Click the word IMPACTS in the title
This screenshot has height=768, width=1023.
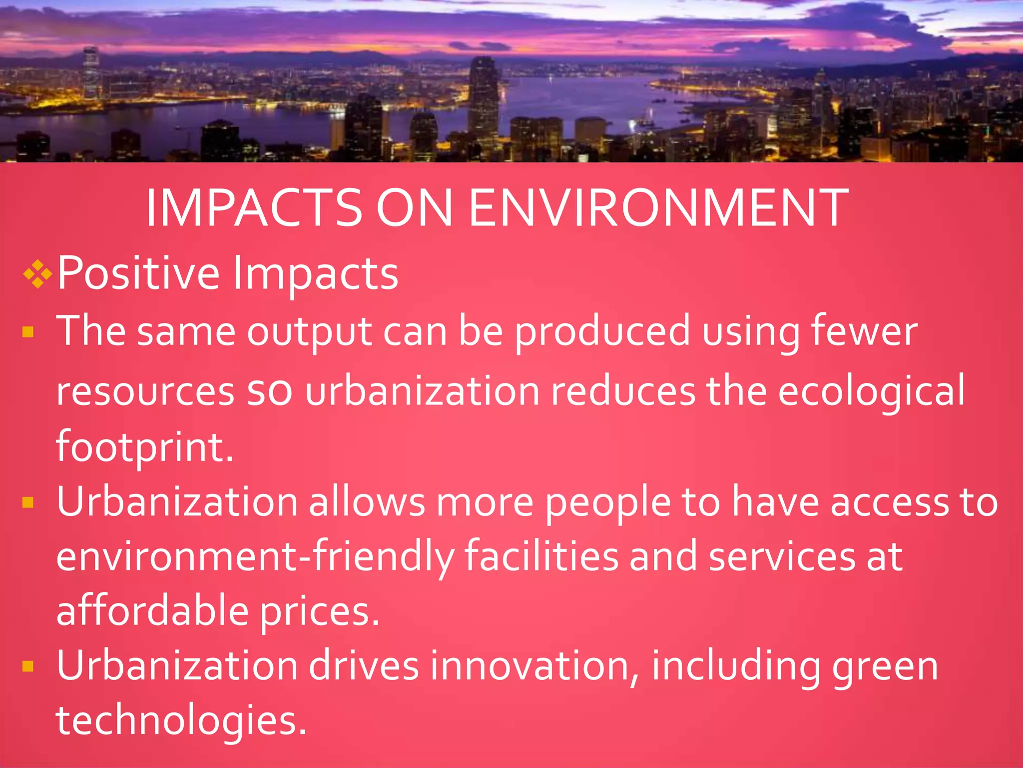pos(254,208)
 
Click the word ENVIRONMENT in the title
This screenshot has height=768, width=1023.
pos(658,208)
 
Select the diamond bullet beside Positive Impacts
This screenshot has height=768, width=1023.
pos(37,273)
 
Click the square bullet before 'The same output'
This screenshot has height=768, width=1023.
pos(28,332)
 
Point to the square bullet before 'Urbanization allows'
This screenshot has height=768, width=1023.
pos(28,502)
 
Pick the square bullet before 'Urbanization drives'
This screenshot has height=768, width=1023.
pos(28,666)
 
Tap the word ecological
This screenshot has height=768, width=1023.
pos(871,391)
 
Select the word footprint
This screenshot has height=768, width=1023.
pos(144,446)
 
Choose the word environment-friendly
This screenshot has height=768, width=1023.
pos(255,557)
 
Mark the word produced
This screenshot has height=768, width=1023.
pos(602,332)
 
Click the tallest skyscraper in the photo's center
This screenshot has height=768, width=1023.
pos(483,100)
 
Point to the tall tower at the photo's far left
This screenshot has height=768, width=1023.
pos(91,75)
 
